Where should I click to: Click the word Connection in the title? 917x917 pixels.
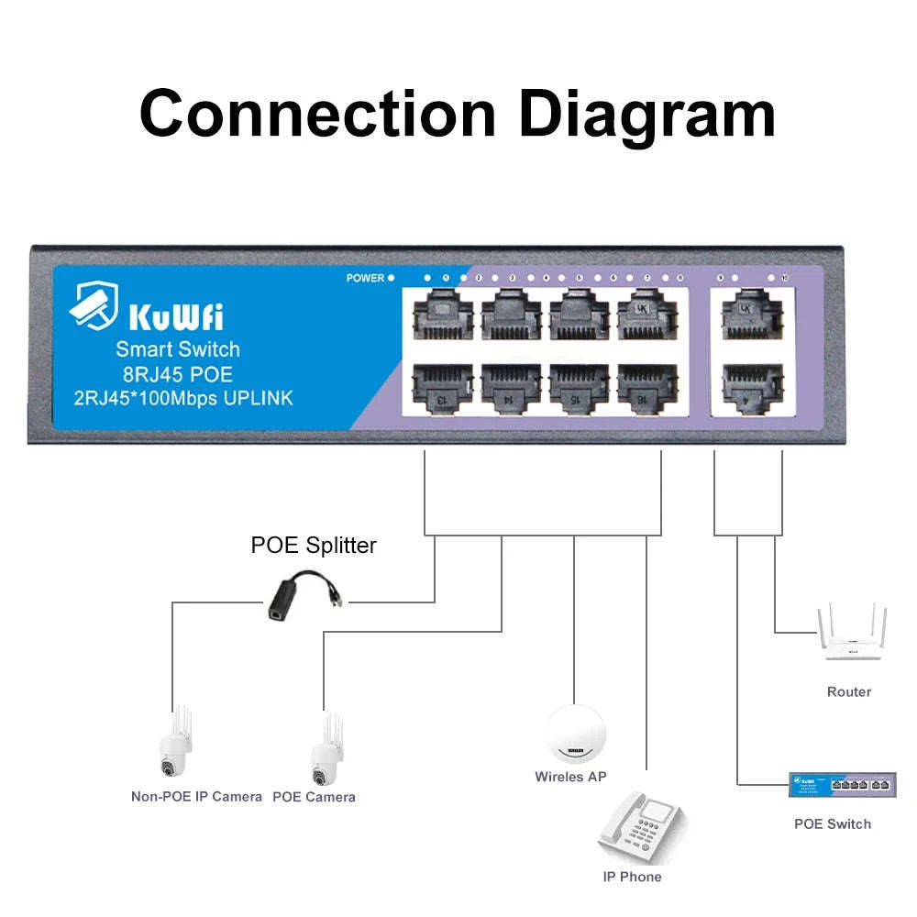coord(316,114)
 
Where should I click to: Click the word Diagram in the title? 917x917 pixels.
coord(647,114)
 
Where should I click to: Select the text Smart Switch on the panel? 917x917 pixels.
coord(178,349)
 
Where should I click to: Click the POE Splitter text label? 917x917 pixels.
coord(314,546)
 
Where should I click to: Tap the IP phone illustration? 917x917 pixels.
coord(641,825)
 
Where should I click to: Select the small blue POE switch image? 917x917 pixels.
coord(842,784)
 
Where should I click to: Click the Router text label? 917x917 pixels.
coord(848,691)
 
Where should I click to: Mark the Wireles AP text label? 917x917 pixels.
coord(570,777)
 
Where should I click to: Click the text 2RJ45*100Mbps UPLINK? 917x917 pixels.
coord(183,398)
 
